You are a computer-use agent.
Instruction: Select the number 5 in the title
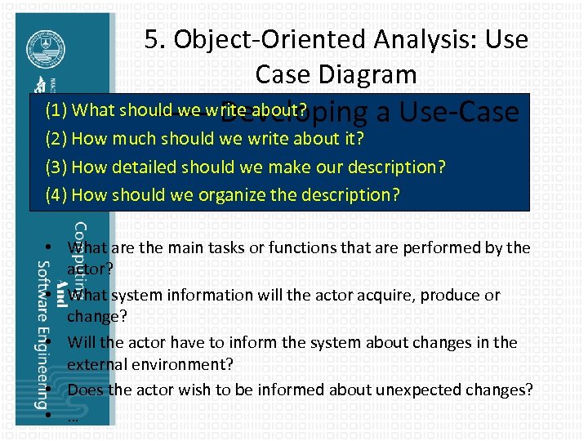tap(151, 39)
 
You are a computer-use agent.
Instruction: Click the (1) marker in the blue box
tap(56, 110)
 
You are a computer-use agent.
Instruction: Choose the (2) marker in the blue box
tap(56, 138)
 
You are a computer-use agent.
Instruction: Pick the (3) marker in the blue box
tap(56, 167)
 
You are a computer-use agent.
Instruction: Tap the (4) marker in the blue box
tap(56, 194)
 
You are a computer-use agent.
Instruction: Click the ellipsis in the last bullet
tap(73, 415)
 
